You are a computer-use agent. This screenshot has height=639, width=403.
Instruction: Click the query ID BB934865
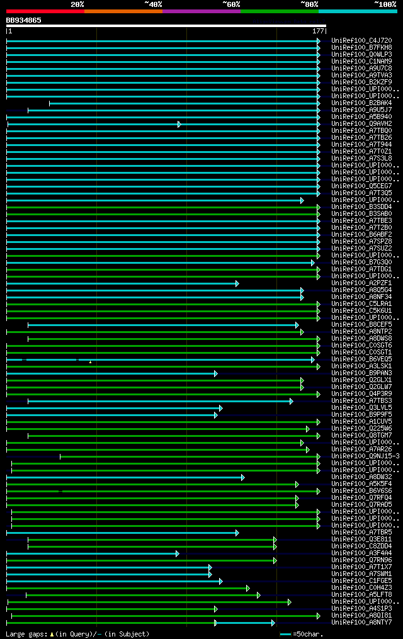click(x=24, y=20)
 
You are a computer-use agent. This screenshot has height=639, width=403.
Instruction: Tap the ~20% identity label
click(x=77, y=4)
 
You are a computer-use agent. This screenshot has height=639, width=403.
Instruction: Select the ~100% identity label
click(x=385, y=4)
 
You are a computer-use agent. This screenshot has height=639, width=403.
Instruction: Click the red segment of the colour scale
click(x=45, y=11)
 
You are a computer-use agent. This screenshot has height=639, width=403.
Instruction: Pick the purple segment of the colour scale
click(x=201, y=11)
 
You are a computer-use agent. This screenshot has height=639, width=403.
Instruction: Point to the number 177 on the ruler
click(x=317, y=31)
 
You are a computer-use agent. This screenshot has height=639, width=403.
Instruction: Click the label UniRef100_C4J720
click(x=361, y=41)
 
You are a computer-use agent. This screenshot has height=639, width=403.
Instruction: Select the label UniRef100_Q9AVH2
click(x=361, y=124)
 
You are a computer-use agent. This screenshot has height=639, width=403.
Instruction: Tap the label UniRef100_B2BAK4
click(x=361, y=103)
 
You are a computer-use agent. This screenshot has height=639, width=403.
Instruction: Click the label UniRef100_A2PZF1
click(x=361, y=283)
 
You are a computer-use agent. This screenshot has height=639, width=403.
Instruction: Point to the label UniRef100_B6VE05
click(x=361, y=359)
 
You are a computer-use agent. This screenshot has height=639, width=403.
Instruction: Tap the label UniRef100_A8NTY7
click(x=361, y=623)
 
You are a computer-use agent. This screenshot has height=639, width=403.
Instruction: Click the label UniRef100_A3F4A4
click(x=361, y=553)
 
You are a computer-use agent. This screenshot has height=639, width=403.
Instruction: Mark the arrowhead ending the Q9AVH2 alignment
click(x=179, y=124)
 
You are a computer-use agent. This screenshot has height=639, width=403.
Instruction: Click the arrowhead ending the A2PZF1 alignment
click(x=237, y=283)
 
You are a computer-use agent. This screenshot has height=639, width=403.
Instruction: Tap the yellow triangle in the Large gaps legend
click(x=52, y=634)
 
